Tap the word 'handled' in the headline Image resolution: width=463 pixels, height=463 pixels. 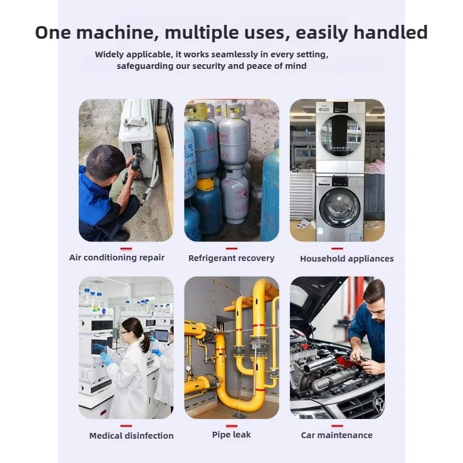(385, 32)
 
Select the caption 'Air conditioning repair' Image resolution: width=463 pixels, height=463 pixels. (117, 258)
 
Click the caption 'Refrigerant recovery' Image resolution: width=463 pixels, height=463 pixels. (231, 258)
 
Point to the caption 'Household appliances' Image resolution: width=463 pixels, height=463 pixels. (347, 259)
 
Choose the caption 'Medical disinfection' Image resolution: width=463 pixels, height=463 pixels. (131, 435)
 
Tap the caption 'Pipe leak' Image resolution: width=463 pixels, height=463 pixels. (231, 435)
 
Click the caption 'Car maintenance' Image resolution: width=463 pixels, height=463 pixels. (337, 435)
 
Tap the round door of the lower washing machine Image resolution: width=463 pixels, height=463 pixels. (339, 207)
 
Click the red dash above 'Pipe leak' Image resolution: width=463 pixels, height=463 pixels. (231, 425)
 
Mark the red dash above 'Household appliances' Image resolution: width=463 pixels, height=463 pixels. (337, 248)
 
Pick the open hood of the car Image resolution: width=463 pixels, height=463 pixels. (313, 301)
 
